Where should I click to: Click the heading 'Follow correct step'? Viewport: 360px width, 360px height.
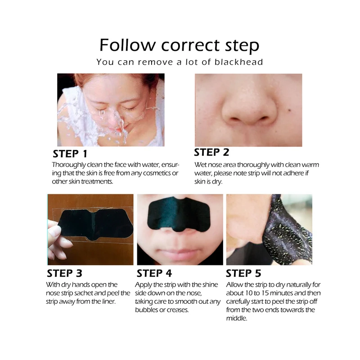(x=179, y=45)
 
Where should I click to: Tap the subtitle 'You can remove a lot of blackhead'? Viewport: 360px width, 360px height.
(x=180, y=62)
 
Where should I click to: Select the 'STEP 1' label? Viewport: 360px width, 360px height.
(x=70, y=154)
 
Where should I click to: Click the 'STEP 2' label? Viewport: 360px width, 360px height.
(x=211, y=152)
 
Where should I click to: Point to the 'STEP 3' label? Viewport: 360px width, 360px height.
(x=64, y=273)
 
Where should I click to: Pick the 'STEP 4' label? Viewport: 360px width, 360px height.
(x=154, y=273)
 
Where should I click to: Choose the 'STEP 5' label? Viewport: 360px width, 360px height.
(x=243, y=273)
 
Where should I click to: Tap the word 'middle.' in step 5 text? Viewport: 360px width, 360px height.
(x=237, y=318)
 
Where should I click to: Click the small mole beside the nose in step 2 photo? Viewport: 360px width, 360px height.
(x=290, y=110)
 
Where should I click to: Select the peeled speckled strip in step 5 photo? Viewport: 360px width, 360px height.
(x=289, y=232)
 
